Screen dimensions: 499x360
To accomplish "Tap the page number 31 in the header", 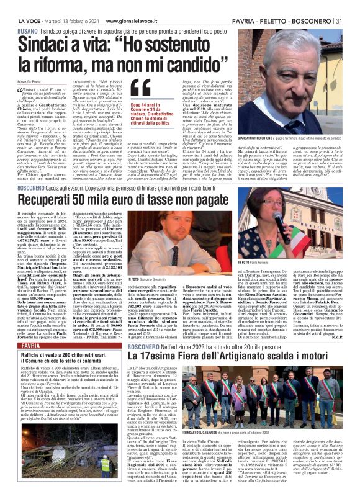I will [x=353, y=5].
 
